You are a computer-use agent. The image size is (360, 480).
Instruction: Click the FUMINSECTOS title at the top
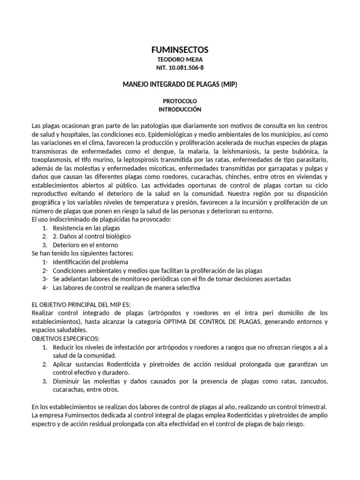(180, 50)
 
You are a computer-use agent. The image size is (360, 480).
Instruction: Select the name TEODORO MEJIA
(180, 60)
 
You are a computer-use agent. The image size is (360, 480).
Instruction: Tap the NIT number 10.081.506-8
(180, 68)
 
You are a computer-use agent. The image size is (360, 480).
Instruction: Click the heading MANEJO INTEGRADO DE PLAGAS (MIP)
(180, 84)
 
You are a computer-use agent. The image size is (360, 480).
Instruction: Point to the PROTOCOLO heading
(180, 101)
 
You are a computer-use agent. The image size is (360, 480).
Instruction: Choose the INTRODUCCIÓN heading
(180, 109)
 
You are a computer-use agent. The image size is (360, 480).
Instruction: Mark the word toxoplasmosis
(51, 160)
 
